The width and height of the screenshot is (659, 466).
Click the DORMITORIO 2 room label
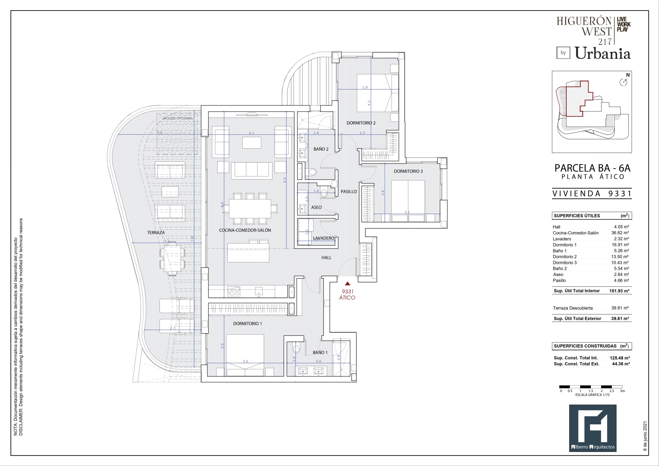[361, 123]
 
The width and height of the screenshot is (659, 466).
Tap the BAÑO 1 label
[320, 352]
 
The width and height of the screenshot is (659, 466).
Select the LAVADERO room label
[324, 238]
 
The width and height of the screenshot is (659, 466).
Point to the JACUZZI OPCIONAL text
[178, 118]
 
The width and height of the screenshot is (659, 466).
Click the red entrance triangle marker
[347, 284]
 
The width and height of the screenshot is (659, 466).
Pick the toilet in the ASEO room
[324, 192]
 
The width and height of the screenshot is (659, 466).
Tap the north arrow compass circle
[623, 83]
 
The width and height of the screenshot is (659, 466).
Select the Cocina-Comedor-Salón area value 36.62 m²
[620, 233]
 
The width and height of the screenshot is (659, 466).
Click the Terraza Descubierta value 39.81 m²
[620, 308]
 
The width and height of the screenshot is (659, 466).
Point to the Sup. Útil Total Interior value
[619, 291]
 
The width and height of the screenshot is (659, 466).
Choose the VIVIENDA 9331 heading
[592, 194]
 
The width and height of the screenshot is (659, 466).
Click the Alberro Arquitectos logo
[593, 428]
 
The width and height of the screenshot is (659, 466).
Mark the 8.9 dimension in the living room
[222, 205]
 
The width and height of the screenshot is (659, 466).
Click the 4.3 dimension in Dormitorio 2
[369, 103]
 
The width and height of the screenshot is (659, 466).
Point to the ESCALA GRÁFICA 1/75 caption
[592, 395]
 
